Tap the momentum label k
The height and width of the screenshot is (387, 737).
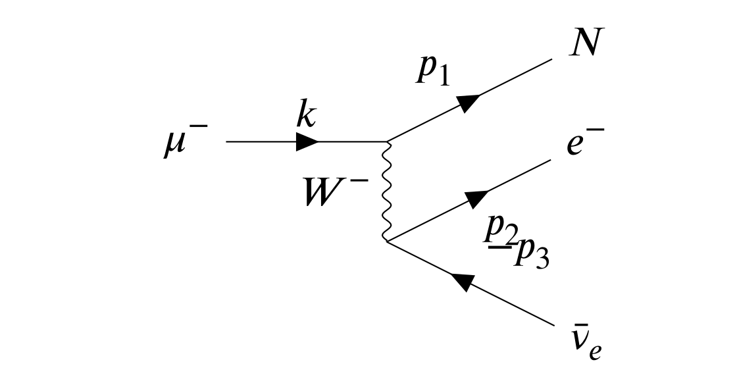305,117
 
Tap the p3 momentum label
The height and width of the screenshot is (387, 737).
533,253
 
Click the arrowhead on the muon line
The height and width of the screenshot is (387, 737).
307,142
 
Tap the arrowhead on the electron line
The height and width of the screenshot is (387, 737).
476,198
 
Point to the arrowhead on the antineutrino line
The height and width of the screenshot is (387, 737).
463,282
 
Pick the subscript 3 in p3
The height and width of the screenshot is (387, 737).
542,259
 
